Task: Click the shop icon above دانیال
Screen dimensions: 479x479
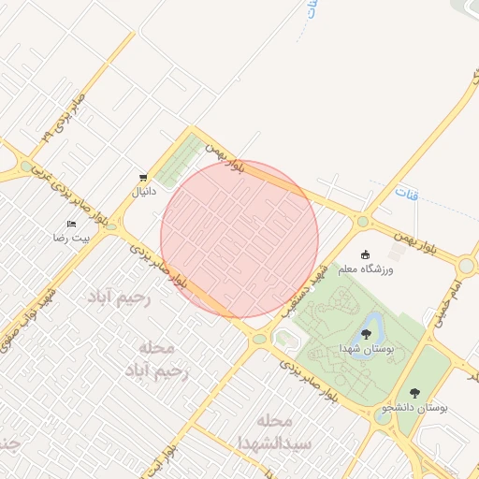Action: [x=142, y=177]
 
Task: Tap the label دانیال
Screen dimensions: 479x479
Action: [x=142, y=192]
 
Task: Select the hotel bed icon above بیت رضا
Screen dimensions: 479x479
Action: [x=72, y=224]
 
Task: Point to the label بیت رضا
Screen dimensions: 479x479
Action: [x=72, y=239]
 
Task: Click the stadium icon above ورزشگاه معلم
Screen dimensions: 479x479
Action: [x=366, y=254]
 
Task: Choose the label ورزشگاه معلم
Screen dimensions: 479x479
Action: [x=392, y=269]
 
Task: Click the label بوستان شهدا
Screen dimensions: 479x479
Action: [x=366, y=348]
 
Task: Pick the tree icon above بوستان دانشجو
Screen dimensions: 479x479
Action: [x=414, y=393]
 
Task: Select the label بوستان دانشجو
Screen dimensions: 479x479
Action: [x=414, y=409]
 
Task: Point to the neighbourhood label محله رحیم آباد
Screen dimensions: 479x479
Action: [x=156, y=359]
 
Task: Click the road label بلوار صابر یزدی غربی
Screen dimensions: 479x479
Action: [x=70, y=196]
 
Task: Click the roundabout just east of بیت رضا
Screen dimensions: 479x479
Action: [x=110, y=226]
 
